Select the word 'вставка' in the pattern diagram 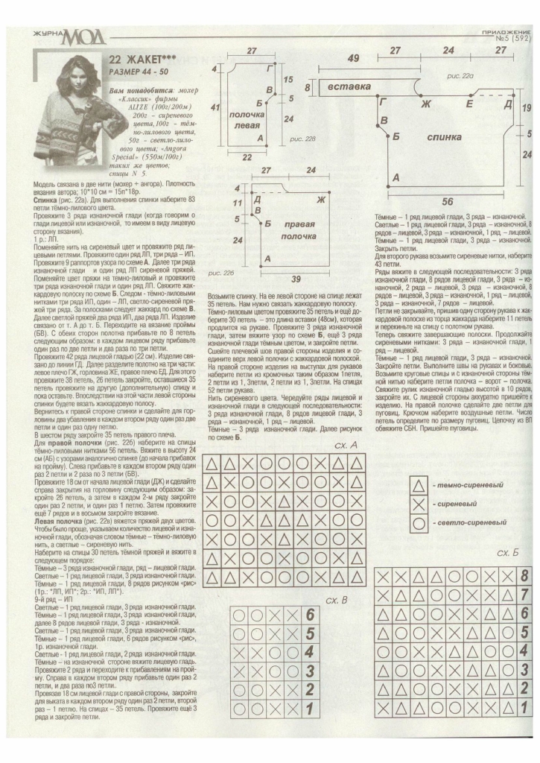[349, 87]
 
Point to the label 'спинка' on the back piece [443, 138]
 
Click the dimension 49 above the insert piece [354, 58]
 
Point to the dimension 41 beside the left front [216, 109]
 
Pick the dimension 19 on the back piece [527, 109]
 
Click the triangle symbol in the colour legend [420, 485]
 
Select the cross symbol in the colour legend [420, 504]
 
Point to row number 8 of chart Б [524, 575]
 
